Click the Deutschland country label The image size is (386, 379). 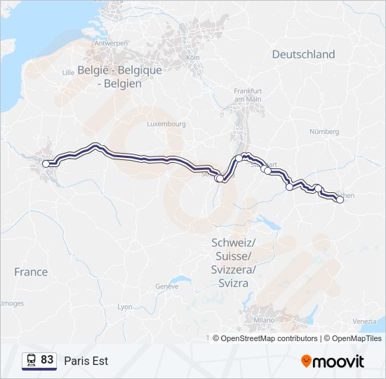[303, 54]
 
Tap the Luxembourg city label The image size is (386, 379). [166, 124]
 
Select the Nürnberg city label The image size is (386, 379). [324, 131]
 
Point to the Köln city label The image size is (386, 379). [194, 57]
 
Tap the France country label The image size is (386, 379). [31, 272]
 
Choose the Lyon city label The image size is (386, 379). [125, 307]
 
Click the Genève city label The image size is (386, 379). [167, 286]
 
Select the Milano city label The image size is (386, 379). [265, 320]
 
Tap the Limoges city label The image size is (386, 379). [11, 303]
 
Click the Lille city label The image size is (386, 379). [68, 72]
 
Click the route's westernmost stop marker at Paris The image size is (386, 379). [46, 164]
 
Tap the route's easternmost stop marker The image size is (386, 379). [340, 200]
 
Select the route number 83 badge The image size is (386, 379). [39, 360]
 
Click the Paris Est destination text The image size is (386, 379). [86, 361]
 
